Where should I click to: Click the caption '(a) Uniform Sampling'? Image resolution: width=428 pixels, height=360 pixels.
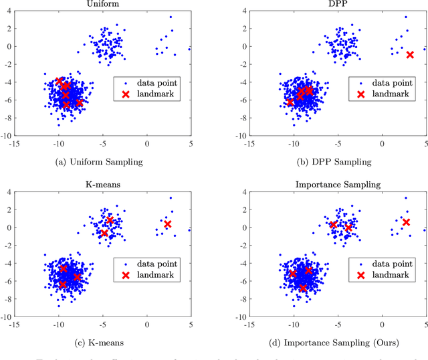(x=102, y=161)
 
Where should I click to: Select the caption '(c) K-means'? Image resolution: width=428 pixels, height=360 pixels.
(x=102, y=342)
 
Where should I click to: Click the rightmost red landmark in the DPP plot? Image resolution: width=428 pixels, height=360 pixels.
(x=410, y=55)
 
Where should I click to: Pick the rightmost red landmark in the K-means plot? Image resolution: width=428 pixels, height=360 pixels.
(x=168, y=224)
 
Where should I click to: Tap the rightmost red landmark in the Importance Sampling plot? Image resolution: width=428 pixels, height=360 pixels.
(x=406, y=222)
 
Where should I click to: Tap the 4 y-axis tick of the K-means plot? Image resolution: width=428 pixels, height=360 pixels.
(x=8, y=191)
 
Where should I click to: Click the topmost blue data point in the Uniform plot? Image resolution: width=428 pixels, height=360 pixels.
(x=171, y=17)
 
